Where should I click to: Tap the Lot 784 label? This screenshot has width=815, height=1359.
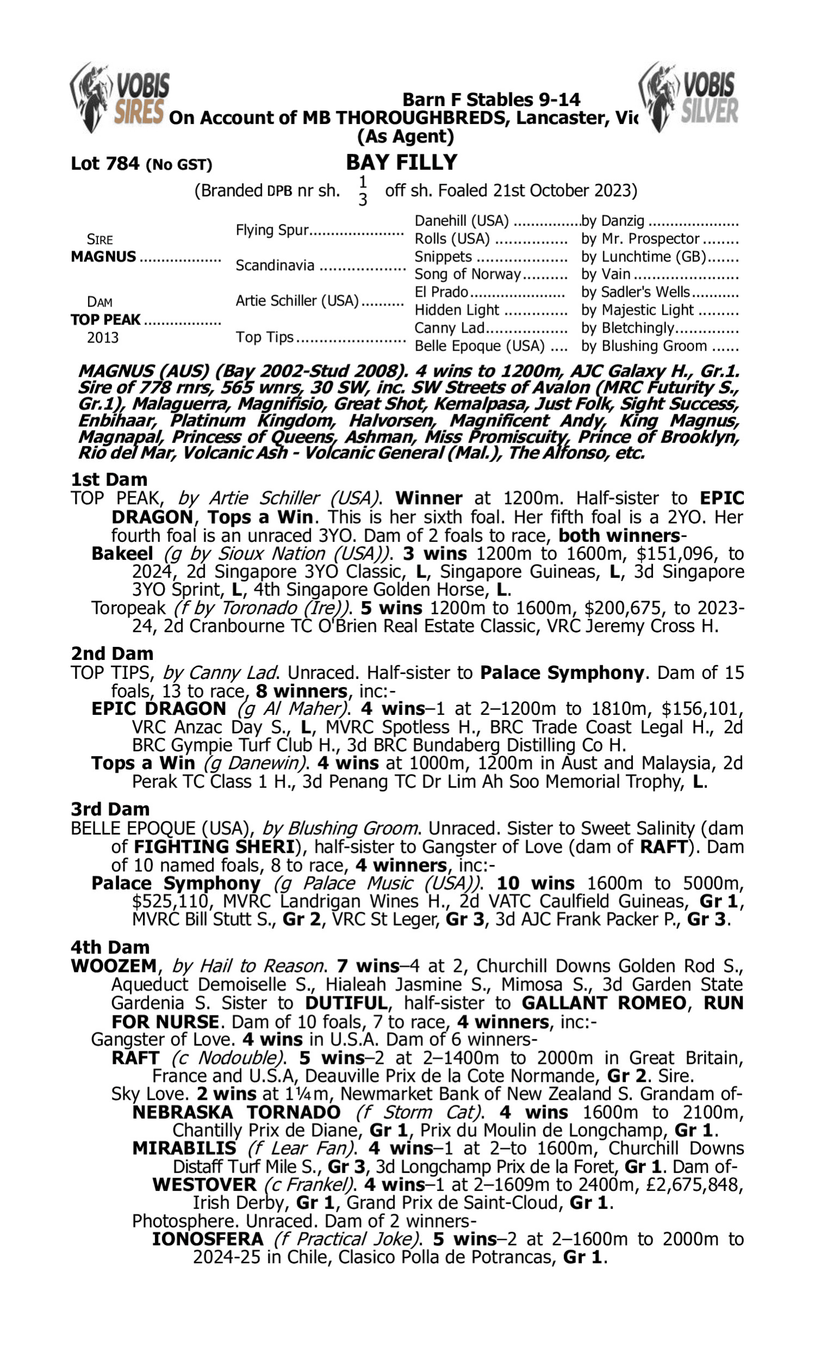(105, 164)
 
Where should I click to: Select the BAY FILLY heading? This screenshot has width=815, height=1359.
(402, 163)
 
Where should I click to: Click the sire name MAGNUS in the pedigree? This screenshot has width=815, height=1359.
(103, 257)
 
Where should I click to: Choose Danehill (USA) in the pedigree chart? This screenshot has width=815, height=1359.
(461, 221)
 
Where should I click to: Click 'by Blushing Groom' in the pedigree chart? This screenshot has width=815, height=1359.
(644, 346)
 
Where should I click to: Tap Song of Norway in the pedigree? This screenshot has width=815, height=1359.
(467, 274)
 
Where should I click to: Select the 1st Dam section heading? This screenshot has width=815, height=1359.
(109, 479)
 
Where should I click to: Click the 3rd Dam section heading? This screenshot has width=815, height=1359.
(110, 809)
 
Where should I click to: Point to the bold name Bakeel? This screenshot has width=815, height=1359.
(122, 553)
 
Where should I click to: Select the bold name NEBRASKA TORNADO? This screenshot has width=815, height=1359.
(236, 1112)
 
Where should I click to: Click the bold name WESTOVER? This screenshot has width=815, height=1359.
(204, 1185)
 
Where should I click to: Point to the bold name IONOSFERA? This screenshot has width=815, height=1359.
(208, 1240)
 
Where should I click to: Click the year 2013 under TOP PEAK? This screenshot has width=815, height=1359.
(103, 337)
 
